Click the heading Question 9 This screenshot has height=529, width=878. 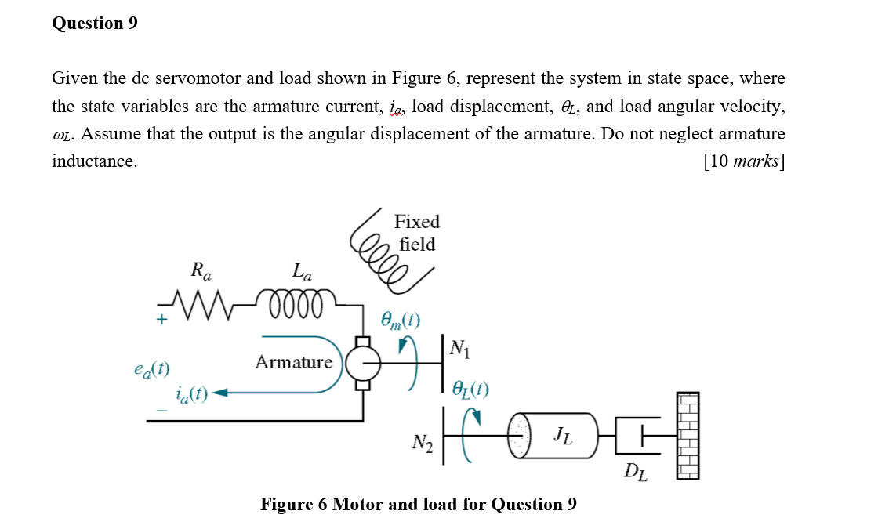pyautogui.click(x=94, y=24)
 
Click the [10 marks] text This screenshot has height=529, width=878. pyautogui.click(x=744, y=161)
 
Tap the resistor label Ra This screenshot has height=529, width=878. pyautogui.click(x=201, y=272)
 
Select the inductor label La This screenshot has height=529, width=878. pyautogui.click(x=302, y=272)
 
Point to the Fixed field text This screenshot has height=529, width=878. pyautogui.click(x=416, y=233)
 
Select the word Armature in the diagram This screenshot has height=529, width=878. pyautogui.click(x=293, y=362)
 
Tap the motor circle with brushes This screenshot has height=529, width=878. pyautogui.click(x=362, y=364)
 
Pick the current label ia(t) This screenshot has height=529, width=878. pyautogui.click(x=191, y=393)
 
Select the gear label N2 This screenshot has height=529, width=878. pyautogui.click(x=423, y=443)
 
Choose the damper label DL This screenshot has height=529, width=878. pyautogui.click(x=635, y=472)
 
